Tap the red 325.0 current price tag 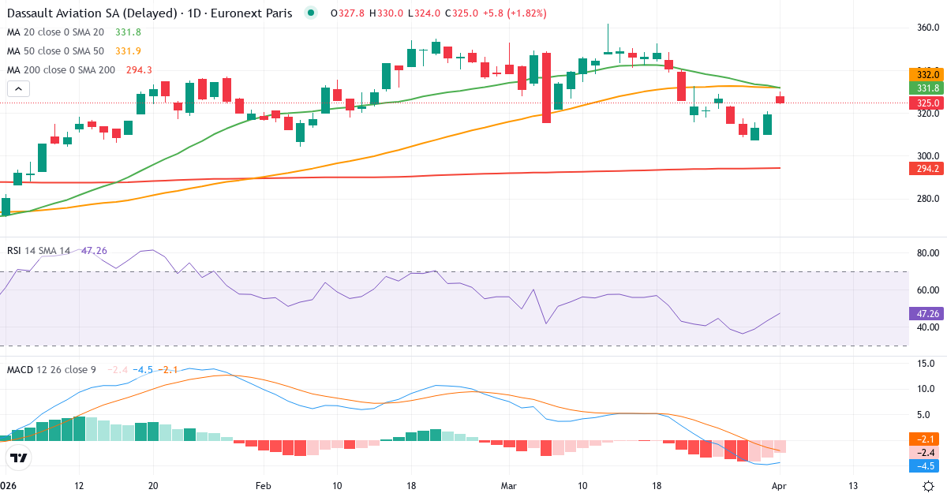(926, 103)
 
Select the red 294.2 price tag (926, 169)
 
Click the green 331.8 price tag (926, 88)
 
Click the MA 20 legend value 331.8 (128, 32)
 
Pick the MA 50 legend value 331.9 (128, 51)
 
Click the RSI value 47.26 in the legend (94, 251)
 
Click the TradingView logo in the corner (19, 458)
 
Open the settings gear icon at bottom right (929, 485)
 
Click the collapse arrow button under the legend (18, 88)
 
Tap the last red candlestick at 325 (780, 99)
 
